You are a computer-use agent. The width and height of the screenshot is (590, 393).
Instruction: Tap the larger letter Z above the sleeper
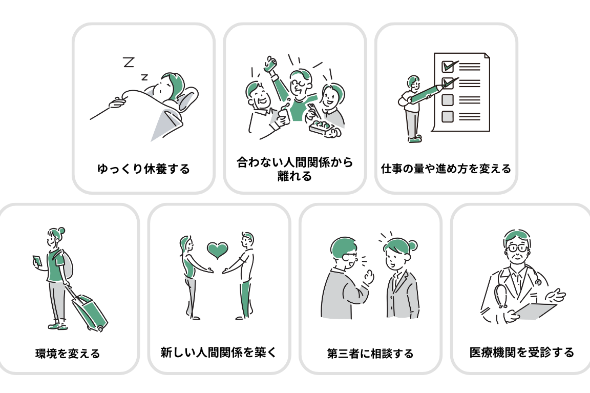[x=129, y=61]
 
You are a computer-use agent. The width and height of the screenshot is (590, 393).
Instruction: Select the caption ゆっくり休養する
[x=143, y=169]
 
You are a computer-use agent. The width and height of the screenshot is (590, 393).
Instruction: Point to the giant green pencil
[x=433, y=93]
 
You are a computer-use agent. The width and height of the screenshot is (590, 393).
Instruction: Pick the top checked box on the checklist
[x=448, y=67]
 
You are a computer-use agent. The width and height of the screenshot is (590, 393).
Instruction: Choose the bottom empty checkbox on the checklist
[x=448, y=116]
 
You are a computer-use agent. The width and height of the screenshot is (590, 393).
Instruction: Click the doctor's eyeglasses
[x=517, y=248]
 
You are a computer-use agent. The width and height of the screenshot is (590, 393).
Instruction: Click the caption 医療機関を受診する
[x=521, y=353]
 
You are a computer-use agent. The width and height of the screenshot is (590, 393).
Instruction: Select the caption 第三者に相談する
[x=370, y=354]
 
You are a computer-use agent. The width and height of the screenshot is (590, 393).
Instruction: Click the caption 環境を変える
[x=68, y=354]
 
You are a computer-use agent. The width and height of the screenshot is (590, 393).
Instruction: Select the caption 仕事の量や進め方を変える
[x=446, y=168]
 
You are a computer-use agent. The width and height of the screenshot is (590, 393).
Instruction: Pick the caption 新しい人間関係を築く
[x=218, y=353]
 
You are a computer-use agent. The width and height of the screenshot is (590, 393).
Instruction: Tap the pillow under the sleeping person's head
[x=188, y=98]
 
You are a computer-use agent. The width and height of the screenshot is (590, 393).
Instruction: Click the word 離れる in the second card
[x=294, y=176]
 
